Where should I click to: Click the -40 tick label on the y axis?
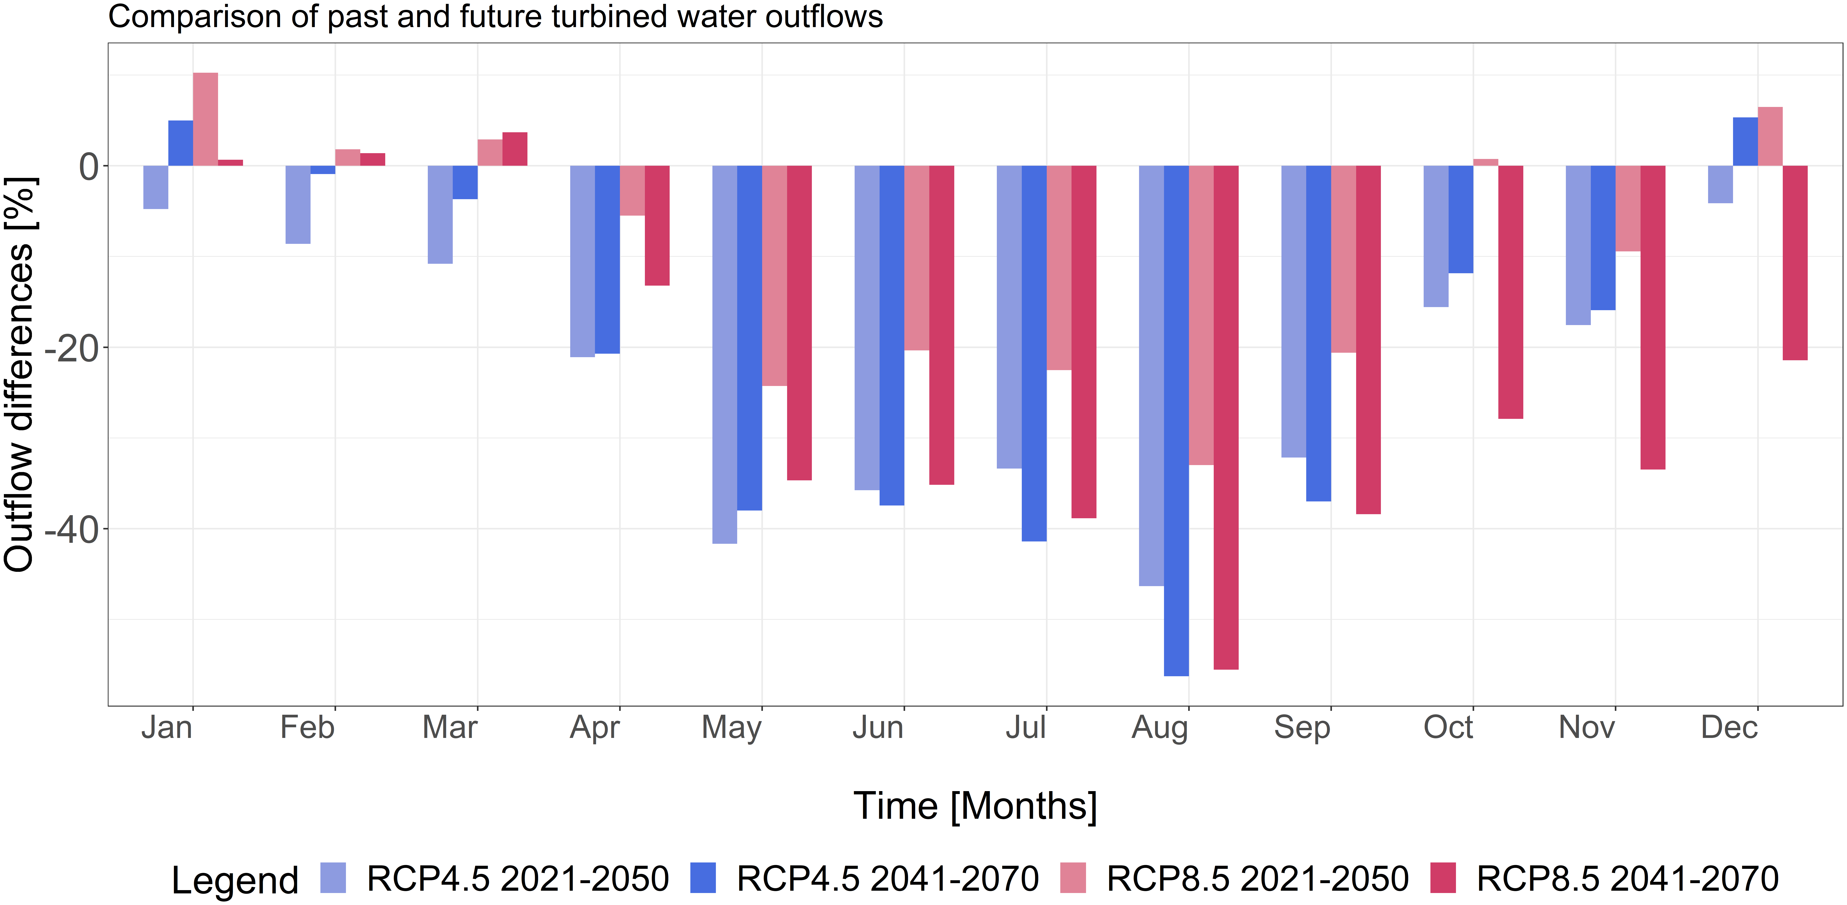tap(72, 530)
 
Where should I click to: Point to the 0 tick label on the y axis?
tap(89, 167)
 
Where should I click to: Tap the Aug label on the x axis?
tap(1159, 728)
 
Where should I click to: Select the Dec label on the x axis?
tap(1729, 728)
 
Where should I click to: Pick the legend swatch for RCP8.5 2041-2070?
tap(1443, 878)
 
